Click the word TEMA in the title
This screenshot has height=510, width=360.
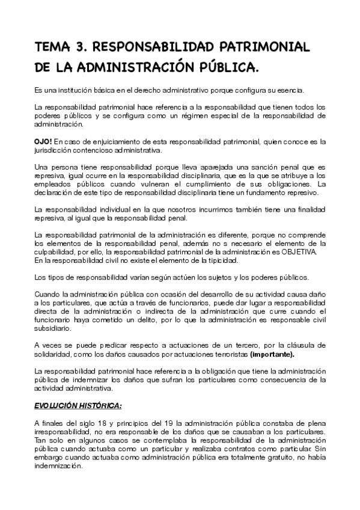tap(53, 48)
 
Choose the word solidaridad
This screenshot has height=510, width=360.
tap(55, 354)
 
